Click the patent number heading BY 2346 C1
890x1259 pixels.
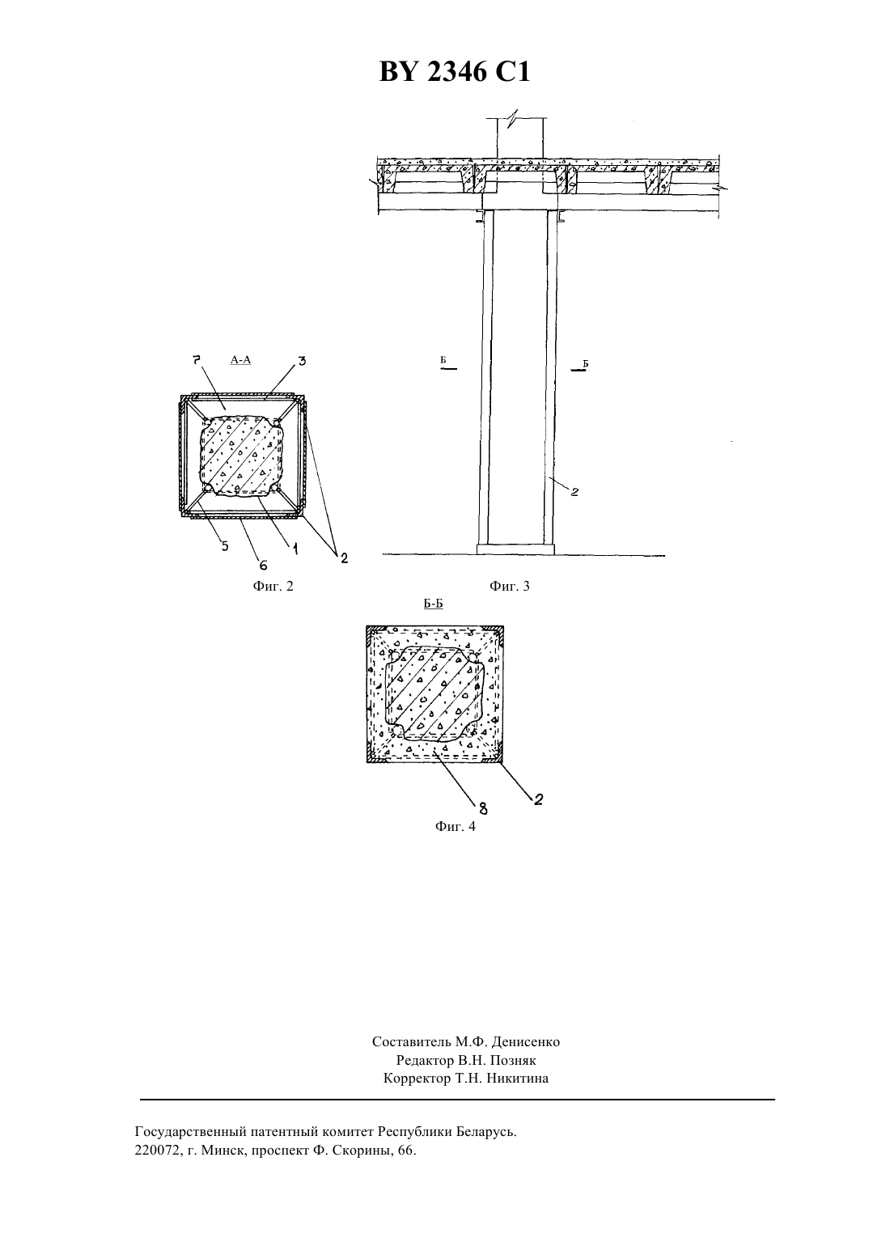455,73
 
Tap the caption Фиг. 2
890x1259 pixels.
273,587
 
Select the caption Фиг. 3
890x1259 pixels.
510,587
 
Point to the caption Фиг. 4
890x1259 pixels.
455,826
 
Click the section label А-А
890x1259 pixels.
240,360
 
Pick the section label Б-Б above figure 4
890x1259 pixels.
433,604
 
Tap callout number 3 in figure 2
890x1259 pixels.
302,360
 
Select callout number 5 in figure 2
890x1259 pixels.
225,545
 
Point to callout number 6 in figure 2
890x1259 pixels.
263,564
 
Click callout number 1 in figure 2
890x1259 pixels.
295,549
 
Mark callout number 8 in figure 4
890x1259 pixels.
483,809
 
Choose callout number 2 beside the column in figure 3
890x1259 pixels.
574,492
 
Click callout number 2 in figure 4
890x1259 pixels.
538,799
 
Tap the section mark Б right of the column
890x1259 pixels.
585,363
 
